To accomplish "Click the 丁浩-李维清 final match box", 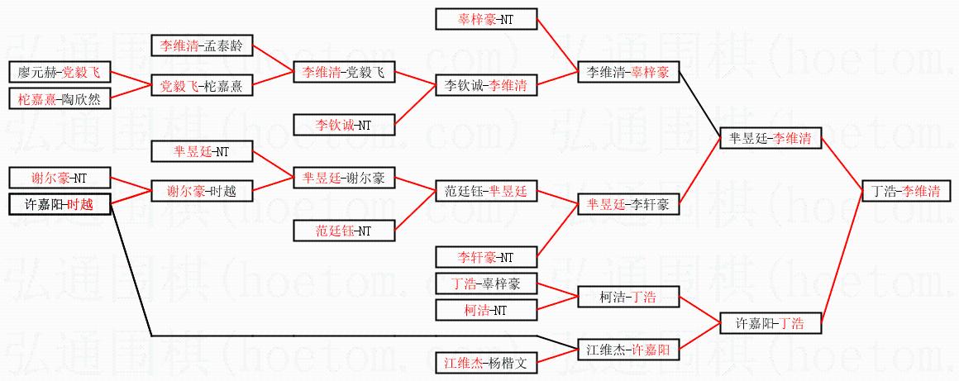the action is pyautogui.click(x=906, y=192).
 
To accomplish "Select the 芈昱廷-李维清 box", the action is pyautogui.click(x=771, y=139).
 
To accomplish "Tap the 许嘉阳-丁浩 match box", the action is pyautogui.click(x=771, y=323).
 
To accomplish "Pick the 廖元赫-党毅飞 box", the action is pyautogui.click(x=59, y=72).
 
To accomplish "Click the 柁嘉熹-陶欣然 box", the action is pyautogui.click(x=59, y=99).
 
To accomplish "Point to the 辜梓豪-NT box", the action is pyautogui.click(x=486, y=18).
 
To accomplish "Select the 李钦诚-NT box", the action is pyautogui.click(x=344, y=125).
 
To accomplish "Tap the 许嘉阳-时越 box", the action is pyautogui.click(x=59, y=204).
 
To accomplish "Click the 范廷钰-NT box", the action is pyautogui.click(x=344, y=231).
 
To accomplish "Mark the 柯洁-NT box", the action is pyautogui.click(x=486, y=310).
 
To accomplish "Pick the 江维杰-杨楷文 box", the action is pyautogui.click(x=486, y=362).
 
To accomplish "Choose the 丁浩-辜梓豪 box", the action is pyautogui.click(x=486, y=283).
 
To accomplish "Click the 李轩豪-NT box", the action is pyautogui.click(x=486, y=257).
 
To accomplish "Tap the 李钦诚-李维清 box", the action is pyautogui.click(x=486, y=84).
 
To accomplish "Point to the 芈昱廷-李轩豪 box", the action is pyautogui.click(x=628, y=203).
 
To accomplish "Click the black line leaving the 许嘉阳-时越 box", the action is pyautogui.click(x=132, y=273).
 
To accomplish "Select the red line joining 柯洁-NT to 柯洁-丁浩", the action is pyautogui.click(x=557, y=303).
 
